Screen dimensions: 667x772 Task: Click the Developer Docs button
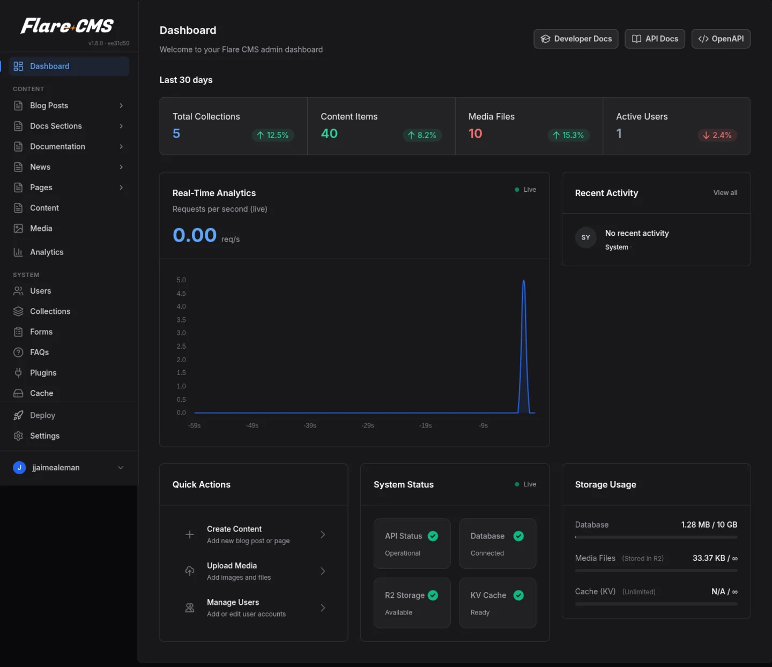coord(576,39)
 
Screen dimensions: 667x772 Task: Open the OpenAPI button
coord(721,39)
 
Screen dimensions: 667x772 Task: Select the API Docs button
coord(655,39)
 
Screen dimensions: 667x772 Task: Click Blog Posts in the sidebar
coord(49,106)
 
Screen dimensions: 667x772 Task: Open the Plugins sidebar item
coord(43,373)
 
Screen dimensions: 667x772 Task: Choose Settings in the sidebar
coord(44,436)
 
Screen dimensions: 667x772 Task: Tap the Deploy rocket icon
coord(18,415)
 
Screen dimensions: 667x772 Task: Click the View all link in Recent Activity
coord(725,193)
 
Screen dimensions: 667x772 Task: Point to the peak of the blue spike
coord(524,281)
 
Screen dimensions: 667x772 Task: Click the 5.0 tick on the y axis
coord(181,280)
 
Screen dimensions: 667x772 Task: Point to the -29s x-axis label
coord(368,426)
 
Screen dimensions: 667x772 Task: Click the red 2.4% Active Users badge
coord(717,135)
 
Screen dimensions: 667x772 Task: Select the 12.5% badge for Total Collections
coord(273,135)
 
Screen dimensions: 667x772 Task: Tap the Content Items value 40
coord(329,133)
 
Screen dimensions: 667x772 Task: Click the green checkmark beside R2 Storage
coord(433,595)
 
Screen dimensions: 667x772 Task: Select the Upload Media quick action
coord(232,571)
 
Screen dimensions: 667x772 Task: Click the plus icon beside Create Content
coord(190,534)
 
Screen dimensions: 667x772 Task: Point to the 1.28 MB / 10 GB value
coord(709,524)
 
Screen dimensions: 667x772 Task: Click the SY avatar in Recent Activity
coord(585,237)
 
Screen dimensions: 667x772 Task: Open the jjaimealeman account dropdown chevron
coord(121,468)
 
